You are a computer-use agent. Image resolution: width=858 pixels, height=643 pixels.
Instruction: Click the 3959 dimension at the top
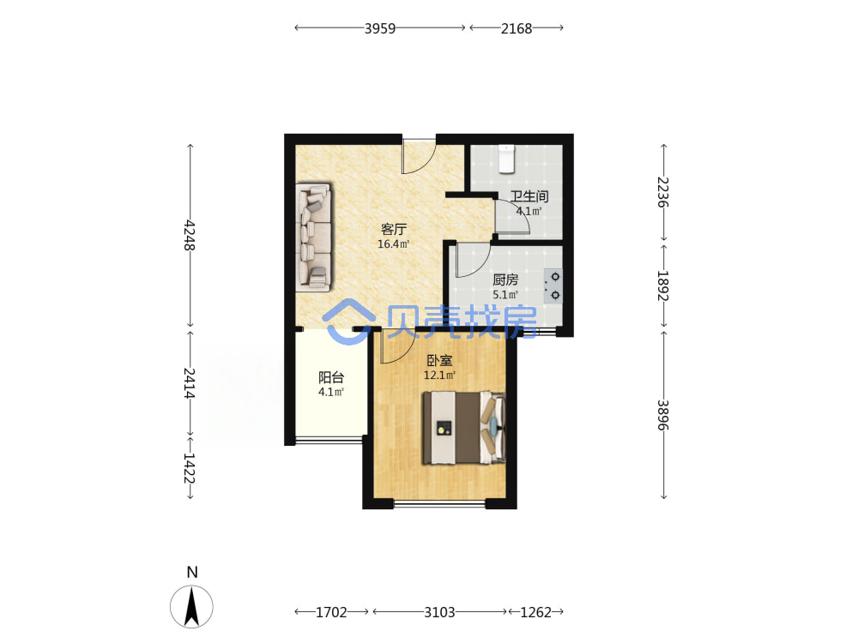(380, 28)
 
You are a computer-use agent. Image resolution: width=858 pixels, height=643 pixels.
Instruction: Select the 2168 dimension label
(517, 28)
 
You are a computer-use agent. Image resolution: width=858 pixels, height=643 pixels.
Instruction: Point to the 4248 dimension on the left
(190, 235)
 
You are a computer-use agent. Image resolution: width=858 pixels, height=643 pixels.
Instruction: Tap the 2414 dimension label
(190, 383)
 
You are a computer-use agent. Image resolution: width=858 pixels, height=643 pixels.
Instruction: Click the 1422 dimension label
(190, 468)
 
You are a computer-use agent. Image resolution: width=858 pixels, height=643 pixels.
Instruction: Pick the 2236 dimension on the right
(663, 192)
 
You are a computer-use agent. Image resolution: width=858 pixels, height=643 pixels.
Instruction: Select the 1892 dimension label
(663, 285)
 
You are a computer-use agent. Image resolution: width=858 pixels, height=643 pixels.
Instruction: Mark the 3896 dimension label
(663, 416)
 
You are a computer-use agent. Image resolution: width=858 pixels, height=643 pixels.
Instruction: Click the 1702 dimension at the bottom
(331, 612)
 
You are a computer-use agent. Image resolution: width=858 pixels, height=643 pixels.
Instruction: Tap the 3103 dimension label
(439, 612)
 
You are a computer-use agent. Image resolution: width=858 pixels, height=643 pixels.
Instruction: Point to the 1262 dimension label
(535, 612)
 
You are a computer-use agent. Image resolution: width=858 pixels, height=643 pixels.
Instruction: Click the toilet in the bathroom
(507, 159)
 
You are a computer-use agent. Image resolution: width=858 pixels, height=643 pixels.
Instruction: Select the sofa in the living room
(314, 237)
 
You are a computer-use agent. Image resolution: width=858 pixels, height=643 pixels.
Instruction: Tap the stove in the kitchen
(553, 286)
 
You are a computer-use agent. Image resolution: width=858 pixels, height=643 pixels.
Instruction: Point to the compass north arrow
(191, 606)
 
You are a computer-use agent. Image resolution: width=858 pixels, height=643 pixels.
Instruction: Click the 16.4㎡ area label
(394, 244)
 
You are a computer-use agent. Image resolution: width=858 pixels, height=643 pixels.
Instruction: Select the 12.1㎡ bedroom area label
(439, 376)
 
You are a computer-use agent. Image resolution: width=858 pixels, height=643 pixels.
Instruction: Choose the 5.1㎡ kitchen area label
(505, 295)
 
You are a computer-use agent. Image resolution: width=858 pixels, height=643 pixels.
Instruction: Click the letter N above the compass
(192, 573)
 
